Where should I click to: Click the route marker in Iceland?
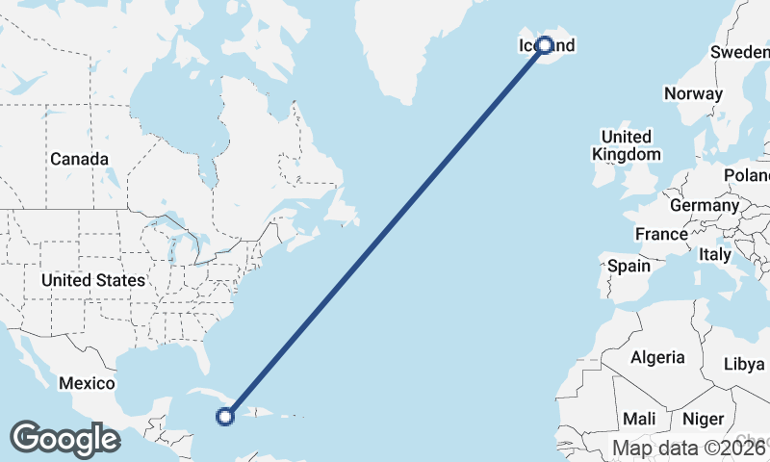point(545,45)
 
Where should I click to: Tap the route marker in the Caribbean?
point(225,417)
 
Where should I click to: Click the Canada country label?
point(79,159)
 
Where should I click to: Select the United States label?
point(93,280)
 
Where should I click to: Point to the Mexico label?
point(87,383)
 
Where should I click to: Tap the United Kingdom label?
point(627,145)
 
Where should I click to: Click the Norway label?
point(693,93)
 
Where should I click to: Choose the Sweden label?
point(739,52)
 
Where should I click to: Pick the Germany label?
point(704,205)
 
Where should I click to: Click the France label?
point(661,234)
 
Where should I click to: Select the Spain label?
point(629,266)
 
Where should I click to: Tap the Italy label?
point(715,255)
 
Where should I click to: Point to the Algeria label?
point(658,357)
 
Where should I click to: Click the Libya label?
point(743,365)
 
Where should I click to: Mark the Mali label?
point(639,419)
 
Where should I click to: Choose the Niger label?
point(702,419)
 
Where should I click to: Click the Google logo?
point(64,439)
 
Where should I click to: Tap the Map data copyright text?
point(690,448)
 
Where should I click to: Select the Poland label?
point(749,175)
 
